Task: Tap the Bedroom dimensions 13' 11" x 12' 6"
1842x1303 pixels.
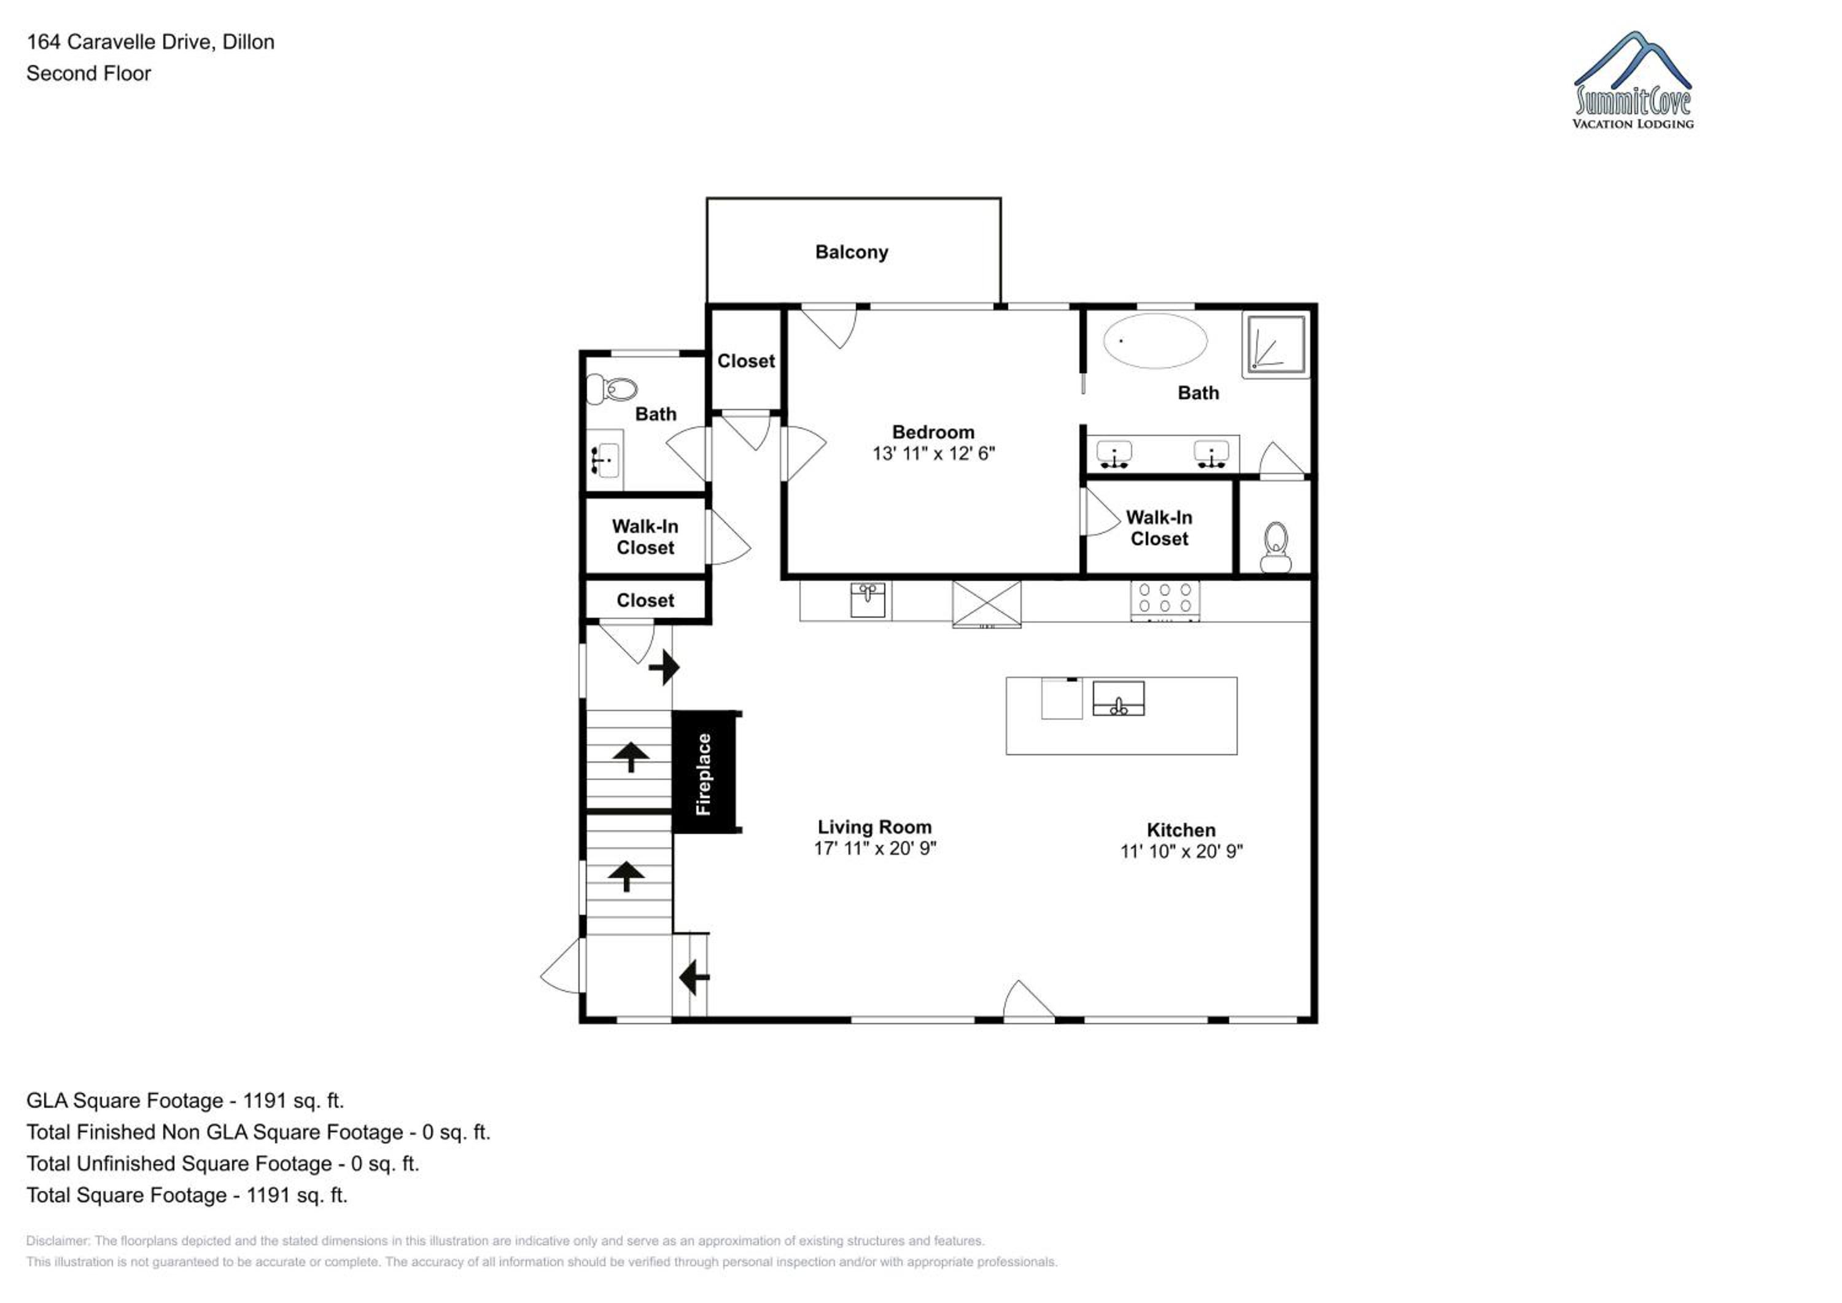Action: tap(933, 453)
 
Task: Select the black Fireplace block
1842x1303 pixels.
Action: tap(705, 772)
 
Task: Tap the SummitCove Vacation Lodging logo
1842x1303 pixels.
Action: tap(1633, 80)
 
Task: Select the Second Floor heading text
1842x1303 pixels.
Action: tap(88, 73)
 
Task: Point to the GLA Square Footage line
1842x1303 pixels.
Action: tap(185, 1100)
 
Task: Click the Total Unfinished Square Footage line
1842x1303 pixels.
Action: tap(222, 1164)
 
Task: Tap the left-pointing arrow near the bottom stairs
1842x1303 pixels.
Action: tap(694, 978)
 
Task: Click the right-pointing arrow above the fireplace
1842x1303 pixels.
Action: tap(664, 667)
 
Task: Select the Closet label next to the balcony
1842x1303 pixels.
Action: tap(745, 361)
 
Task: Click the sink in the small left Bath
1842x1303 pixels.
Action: tap(605, 461)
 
